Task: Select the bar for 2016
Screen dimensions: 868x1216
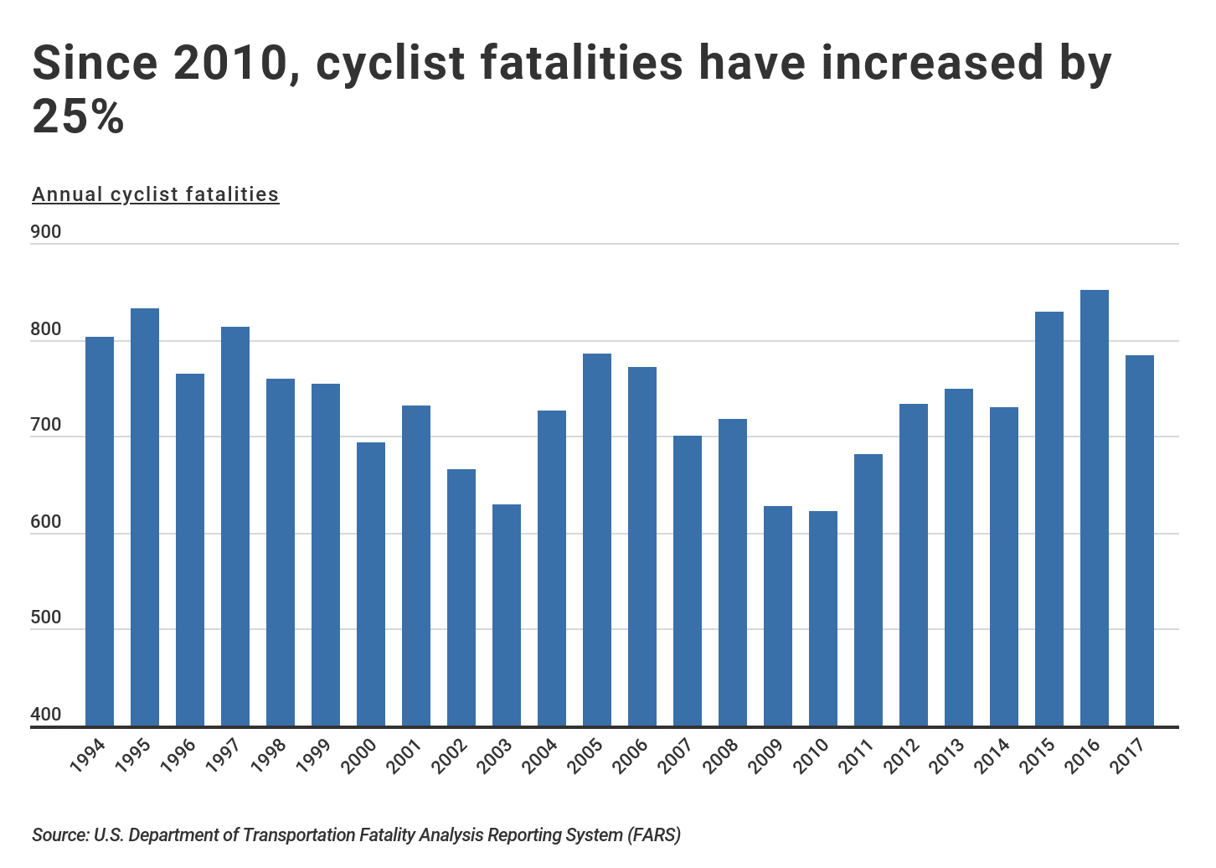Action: [x=1094, y=508]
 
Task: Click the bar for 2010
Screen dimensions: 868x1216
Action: [x=822, y=618]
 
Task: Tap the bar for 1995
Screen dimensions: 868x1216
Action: [x=144, y=517]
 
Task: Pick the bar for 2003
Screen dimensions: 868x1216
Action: [x=506, y=615]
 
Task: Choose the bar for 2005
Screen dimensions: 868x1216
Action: [x=596, y=540]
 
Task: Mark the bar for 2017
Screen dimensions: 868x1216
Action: [x=1139, y=540]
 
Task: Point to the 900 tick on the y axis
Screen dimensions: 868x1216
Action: [x=47, y=232]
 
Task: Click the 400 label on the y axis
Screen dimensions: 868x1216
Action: [x=47, y=715]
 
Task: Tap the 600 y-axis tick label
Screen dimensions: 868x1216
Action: [x=47, y=522]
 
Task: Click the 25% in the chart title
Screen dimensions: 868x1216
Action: [x=78, y=116]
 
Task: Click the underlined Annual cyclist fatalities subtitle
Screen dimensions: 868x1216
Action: [x=155, y=194]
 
